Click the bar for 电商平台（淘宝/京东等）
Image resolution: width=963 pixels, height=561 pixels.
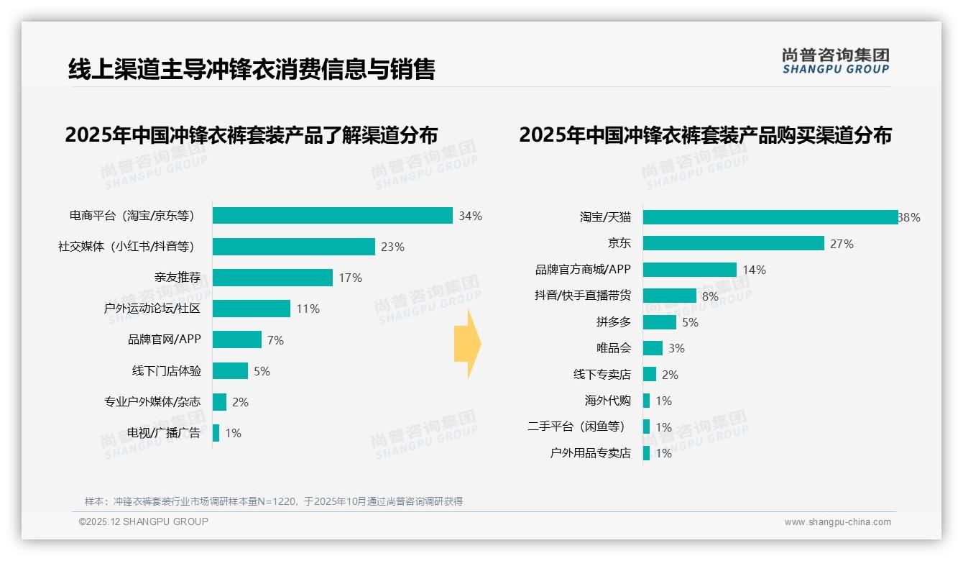coord(332,216)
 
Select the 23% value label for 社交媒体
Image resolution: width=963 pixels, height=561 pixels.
coord(392,247)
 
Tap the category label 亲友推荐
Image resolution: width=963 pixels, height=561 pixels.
coord(177,278)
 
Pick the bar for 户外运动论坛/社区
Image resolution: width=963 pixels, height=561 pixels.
coord(252,309)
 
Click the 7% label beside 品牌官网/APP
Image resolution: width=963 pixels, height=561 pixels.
coord(275,340)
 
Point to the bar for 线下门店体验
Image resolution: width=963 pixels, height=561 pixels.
coord(230,371)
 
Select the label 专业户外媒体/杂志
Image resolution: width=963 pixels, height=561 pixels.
coord(152,402)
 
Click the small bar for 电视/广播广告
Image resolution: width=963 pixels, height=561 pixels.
coord(216,433)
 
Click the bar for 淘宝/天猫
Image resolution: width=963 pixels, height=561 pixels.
coord(770,217)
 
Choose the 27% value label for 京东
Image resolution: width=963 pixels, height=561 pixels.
coord(842,244)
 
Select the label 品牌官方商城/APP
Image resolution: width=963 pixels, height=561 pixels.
coord(583,270)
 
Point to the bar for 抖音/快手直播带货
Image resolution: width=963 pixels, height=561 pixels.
coord(669,296)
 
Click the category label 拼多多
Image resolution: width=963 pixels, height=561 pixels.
coord(613,322)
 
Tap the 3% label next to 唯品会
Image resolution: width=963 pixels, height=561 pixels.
coord(676,348)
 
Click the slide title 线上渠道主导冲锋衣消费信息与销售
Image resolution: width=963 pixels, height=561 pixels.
coord(252,69)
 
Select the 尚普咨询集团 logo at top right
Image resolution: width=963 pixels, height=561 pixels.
coord(835,60)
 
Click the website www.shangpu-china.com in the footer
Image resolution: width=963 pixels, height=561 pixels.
coord(837,522)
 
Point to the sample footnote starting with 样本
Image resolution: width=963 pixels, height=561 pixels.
coord(274,501)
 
